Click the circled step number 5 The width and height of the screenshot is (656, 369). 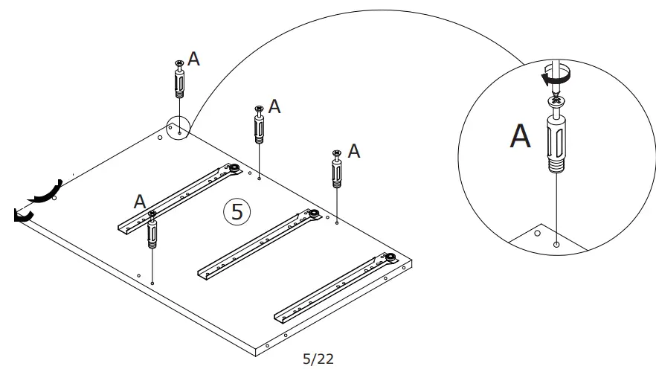(x=237, y=212)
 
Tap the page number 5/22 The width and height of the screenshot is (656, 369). (x=318, y=359)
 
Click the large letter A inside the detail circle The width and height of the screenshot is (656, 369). (x=520, y=136)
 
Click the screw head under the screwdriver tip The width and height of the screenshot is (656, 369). (x=556, y=100)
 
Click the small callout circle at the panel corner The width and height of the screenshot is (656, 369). (x=179, y=128)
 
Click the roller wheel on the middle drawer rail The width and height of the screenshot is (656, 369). (x=314, y=214)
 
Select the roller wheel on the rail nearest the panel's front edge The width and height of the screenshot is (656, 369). (x=390, y=257)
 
